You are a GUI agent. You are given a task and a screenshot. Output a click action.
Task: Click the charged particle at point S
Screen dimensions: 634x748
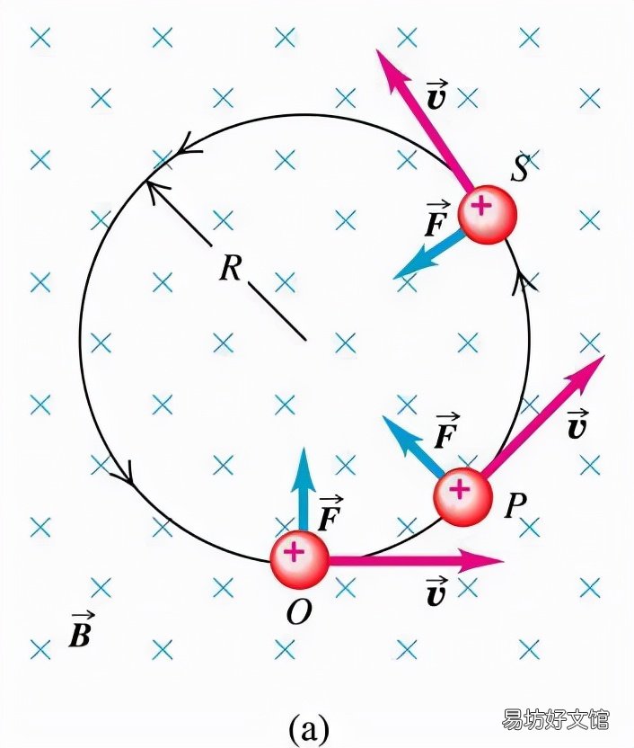click(x=488, y=214)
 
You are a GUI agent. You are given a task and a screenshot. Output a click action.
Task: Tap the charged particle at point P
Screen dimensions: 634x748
click(x=462, y=496)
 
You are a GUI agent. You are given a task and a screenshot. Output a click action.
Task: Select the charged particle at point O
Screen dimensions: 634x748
click(x=299, y=559)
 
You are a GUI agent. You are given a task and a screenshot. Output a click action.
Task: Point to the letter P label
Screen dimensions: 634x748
click(x=515, y=505)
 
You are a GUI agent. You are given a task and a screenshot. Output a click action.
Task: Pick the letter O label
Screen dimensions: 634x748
click(x=299, y=611)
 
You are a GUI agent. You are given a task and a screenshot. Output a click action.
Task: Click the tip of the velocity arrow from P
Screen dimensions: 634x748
click(x=604, y=355)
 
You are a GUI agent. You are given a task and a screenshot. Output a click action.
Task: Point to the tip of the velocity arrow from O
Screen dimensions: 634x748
click(x=504, y=560)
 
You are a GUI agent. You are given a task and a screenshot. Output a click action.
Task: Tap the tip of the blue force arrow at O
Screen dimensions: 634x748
click(x=302, y=448)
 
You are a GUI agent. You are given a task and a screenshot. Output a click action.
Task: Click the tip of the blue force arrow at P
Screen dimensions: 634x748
click(x=383, y=415)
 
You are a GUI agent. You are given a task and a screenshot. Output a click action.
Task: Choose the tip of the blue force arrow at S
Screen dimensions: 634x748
click(x=393, y=278)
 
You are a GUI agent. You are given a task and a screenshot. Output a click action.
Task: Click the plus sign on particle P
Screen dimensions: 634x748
click(x=460, y=488)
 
